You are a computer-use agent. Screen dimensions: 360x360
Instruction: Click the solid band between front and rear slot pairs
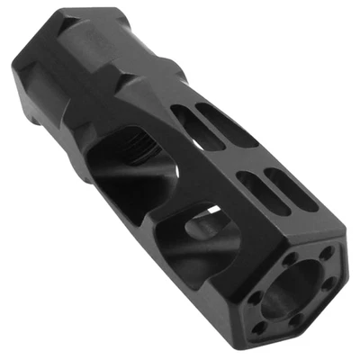[x=247, y=162]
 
